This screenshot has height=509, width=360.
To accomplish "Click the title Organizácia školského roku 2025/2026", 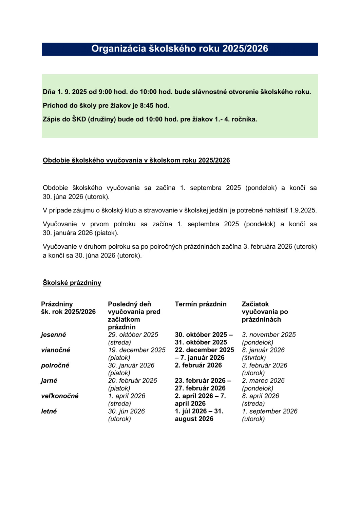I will [179, 49].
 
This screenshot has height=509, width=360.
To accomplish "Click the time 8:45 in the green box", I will [147, 106].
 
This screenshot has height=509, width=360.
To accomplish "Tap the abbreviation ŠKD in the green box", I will [79, 119].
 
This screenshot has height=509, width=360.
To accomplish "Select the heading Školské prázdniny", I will [72, 283].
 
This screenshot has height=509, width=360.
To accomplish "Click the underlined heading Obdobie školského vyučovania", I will [136, 161].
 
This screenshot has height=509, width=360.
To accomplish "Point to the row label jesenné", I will [54, 335].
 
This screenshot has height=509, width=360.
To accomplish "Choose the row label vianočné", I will [56, 350].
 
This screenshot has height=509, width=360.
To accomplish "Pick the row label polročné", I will [55, 365].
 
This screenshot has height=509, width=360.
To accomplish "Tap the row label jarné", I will [49, 381].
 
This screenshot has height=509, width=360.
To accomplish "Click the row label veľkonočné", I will [60, 396].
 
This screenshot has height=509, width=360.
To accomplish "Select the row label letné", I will [49, 411].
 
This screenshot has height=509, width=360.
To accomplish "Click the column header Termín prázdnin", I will [201, 304].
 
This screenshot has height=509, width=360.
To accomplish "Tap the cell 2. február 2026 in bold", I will [198, 365].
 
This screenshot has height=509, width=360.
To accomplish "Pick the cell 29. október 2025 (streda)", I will [133, 339].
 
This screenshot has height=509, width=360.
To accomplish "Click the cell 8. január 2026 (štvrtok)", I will [263, 354].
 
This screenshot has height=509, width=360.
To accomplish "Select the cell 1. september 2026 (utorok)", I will [269, 415].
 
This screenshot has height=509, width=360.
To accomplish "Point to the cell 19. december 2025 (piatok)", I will [137, 354].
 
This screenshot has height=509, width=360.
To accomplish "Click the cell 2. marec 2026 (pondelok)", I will [263, 384].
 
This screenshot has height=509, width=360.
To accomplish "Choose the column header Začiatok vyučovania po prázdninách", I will [265, 312].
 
